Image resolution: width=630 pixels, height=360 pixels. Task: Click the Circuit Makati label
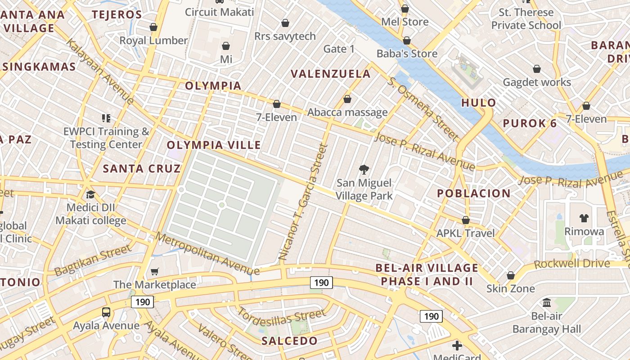coord(219,12)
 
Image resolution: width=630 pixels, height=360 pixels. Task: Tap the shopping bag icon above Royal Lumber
coord(153,27)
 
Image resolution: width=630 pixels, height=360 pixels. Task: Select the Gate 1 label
coord(339,49)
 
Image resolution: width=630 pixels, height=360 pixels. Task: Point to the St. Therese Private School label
coord(526,19)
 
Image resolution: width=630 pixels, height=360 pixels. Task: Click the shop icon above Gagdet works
coord(537,69)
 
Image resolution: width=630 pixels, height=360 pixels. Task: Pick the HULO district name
coord(478,103)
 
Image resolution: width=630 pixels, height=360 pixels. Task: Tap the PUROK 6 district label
coord(530,123)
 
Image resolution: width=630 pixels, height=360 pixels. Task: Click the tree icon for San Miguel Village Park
coord(364,170)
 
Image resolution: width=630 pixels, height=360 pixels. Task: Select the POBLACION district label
coord(474,193)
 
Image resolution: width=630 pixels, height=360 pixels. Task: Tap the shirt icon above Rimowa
coord(584,218)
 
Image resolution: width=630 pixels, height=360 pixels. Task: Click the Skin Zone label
coord(510,288)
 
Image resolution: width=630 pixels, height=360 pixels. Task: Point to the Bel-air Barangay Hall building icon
coord(547,302)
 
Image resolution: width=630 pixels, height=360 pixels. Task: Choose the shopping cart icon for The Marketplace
coord(154,271)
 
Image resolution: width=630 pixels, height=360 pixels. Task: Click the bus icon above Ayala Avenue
coord(106,312)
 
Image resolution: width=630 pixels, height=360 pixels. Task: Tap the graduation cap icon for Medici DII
coord(90,194)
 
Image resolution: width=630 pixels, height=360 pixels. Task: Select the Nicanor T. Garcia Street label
coord(302,202)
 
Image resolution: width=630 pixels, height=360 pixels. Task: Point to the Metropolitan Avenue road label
coord(207,253)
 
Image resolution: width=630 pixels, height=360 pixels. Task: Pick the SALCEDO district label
coord(289,341)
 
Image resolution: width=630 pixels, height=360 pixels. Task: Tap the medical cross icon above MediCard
coord(457,346)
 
